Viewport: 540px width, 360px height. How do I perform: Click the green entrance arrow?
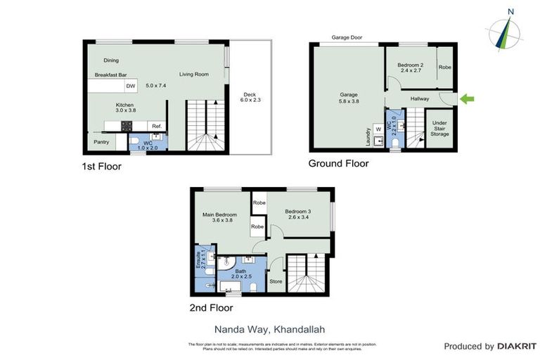click(467, 99)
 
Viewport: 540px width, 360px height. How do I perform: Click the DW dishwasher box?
click(130, 86)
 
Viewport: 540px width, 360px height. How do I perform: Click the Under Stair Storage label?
click(439, 129)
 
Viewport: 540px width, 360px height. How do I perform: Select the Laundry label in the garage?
click(368, 136)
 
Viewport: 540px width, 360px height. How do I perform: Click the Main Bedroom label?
click(219, 216)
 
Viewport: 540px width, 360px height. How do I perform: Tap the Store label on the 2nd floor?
click(276, 281)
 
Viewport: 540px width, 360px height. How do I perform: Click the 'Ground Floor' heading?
click(338, 164)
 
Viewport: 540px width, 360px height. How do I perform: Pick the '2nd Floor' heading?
click(210, 307)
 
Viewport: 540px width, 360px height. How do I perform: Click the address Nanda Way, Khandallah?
click(270, 328)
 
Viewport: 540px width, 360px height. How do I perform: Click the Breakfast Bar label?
click(110, 75)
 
